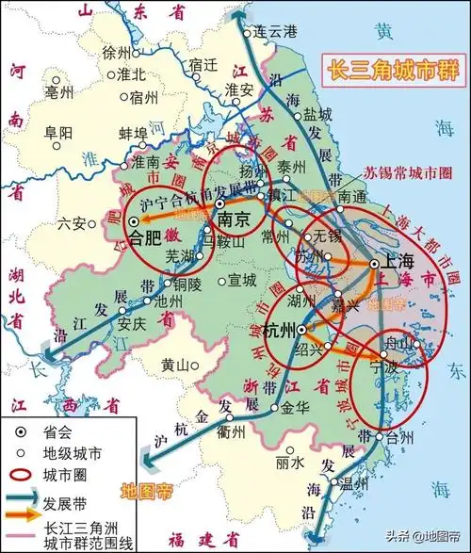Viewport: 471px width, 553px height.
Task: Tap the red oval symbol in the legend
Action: click(22, 475)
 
